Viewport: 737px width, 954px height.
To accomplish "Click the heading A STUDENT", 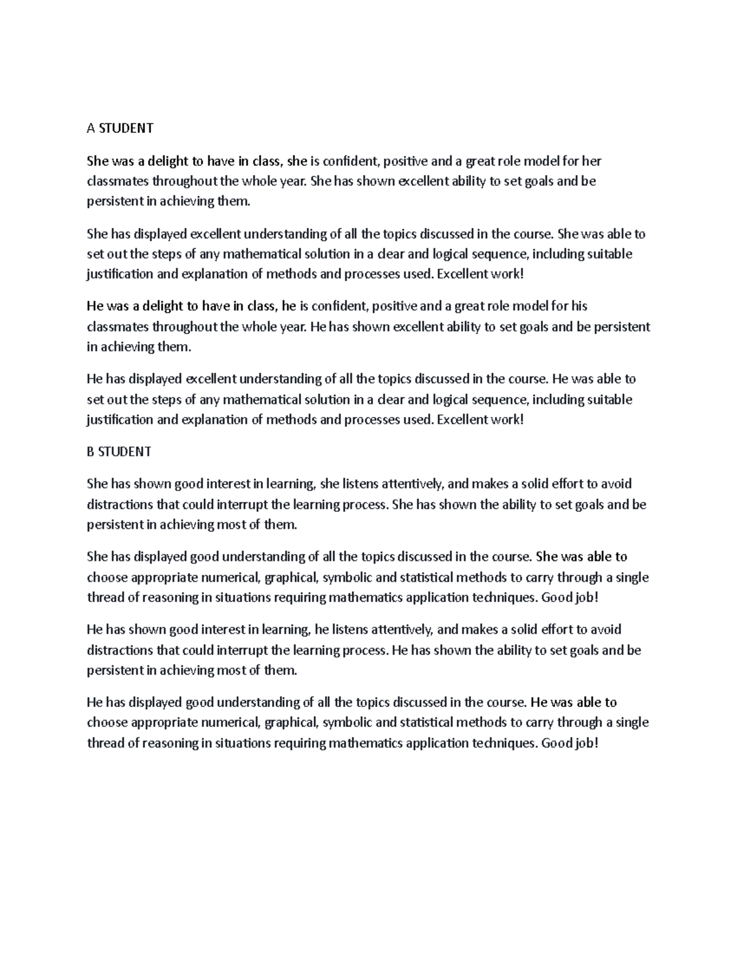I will (120, 128).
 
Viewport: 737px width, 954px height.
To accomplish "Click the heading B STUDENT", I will (119, 452).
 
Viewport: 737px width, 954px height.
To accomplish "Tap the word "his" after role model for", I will (579, 306).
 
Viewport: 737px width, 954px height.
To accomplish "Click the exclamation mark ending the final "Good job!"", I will (595, 743).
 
